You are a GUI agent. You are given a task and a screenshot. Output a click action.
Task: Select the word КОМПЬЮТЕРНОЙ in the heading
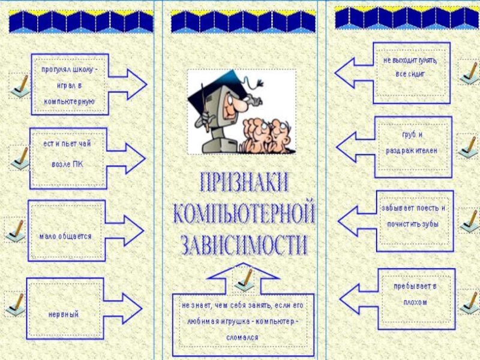244,213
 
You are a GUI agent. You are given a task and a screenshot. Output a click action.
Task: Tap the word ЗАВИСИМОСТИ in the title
244,245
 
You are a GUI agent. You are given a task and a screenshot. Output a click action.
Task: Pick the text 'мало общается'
65,236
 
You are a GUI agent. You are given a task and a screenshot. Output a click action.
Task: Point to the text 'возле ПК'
67,164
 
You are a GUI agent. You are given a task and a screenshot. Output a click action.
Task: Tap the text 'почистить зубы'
409,224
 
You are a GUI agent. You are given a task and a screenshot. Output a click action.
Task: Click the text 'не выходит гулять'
410,61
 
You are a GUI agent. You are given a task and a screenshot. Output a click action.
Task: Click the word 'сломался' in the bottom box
243,337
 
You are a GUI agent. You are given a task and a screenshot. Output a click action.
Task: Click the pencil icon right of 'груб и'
468,146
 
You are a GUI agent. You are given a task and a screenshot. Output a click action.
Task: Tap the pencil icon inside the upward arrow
244,278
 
